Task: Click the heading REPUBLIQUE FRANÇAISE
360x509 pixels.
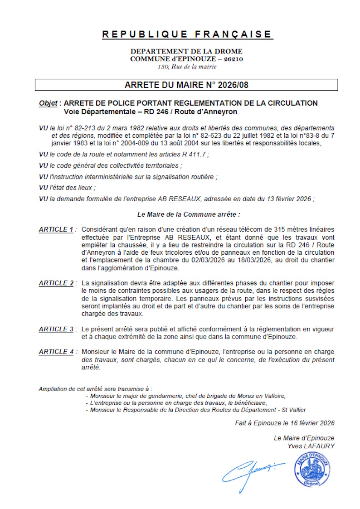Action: pos(187,34)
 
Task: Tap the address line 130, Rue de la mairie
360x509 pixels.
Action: pos(187,67)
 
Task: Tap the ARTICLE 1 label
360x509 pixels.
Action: pos(56,230)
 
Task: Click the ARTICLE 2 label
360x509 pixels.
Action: pos(56,283)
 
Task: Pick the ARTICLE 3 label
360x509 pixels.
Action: pos(56,329)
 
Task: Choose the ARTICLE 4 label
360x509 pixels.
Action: pos(56,352)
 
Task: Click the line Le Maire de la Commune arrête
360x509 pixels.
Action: pos(188,213)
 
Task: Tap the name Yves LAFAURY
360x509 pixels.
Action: pos(311,446)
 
